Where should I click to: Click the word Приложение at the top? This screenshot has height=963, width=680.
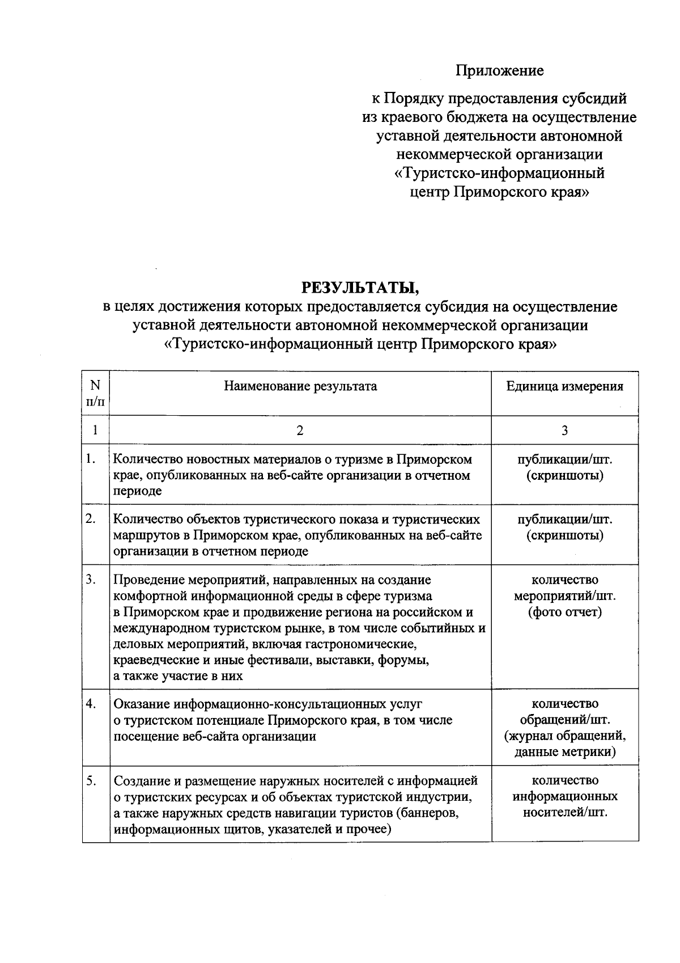499,70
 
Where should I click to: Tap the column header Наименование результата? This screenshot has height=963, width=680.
300,386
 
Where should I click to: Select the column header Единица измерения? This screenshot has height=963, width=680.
564,386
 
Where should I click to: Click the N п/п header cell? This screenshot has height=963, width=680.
95,393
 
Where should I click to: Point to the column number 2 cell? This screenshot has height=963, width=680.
300,430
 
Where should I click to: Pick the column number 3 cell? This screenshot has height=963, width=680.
564,430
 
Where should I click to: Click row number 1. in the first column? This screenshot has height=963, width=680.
91,459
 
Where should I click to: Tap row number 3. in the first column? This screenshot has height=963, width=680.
91,580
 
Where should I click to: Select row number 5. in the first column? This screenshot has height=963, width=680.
91,780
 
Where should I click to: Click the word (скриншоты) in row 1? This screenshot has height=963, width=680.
564,475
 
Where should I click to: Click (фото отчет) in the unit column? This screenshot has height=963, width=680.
564,612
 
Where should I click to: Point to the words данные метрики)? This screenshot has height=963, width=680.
564,752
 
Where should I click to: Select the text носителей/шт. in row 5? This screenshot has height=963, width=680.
564,812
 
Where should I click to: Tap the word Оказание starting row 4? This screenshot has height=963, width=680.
142,704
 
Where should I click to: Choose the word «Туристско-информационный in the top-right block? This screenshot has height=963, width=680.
499,173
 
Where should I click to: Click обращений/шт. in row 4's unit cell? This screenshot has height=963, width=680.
564,720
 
